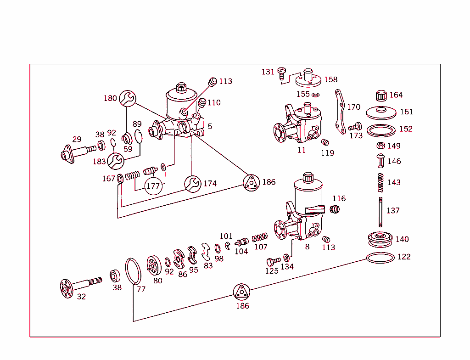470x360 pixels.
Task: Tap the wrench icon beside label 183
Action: (x=115, y=161)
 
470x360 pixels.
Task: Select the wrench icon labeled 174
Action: (x=193, y=184)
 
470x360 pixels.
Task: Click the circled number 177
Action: (x=153, y=186)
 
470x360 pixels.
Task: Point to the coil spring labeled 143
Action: (x=380, y=182)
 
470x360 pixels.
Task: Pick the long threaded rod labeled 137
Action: (x=380, y=211)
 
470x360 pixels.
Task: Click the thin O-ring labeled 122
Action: (x=380, y=258)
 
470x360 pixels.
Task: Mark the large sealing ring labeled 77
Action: (x=133, y=272)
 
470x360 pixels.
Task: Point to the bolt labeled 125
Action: (x=273, y=261)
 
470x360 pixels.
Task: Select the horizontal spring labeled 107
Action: (x=260, y=237)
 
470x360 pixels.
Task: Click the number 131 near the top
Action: (x=268, y=72)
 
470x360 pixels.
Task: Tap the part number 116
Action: (x=339, y=198)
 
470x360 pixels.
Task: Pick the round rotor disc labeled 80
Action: (x=155, y=265)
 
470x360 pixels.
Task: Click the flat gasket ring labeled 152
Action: (x=382, y=130)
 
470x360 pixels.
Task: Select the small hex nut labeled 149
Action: (x=380, y=146)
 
